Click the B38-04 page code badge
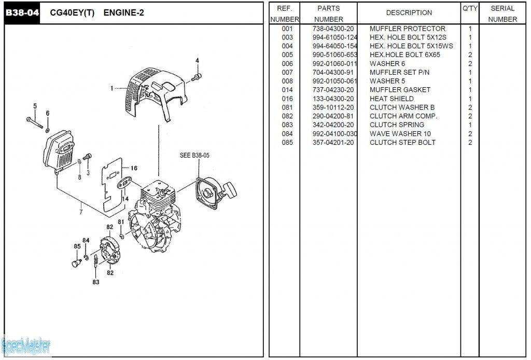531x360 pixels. click(x=22, y=13)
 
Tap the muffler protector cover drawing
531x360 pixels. click(x=153, y=91)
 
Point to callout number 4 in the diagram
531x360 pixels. click(x=197, y=61)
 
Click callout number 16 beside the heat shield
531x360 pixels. click(x=134, y=168)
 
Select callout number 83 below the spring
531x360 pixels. click(x=96, y=282)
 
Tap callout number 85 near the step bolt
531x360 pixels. click(x=77, y=246)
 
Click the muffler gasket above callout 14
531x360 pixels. click(x=125, y=182)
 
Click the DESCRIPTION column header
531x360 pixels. click(x=409, y=13)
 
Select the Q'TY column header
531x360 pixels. click(x=469, y=9)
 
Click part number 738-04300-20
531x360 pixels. click(x=333, y=29)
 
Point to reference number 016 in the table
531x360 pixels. click(x=287, y=99)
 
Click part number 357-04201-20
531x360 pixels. click(x=333, y=143)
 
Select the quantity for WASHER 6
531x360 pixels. click(x=470, y=64)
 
